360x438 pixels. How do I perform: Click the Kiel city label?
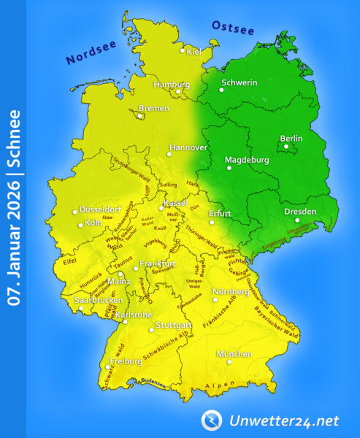(x=194, y=52)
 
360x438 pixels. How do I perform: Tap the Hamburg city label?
(x=172, y=85)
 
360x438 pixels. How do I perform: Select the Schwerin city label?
(x=239, y=82)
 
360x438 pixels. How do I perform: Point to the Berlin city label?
(x=291, y=138)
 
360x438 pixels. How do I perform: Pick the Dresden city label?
(x=300, y=212)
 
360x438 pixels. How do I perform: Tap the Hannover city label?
(x=189, y=147)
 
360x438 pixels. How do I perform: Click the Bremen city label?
(x=154, y=108)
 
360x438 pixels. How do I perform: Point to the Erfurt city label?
(x=220, y=214)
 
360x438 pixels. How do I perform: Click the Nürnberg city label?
(x=230, y=292)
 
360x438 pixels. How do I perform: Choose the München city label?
(x=234, y=354)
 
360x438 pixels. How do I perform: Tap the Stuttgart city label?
(x=174, y=324)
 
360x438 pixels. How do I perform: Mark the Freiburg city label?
(x=126, y=361)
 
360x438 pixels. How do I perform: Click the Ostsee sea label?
(x=232, y=28)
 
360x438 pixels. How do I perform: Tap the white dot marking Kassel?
(x=161, y=208)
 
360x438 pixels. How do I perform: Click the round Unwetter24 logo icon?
(x=211, y=420)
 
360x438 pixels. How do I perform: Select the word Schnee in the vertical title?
(x=14, y=137)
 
